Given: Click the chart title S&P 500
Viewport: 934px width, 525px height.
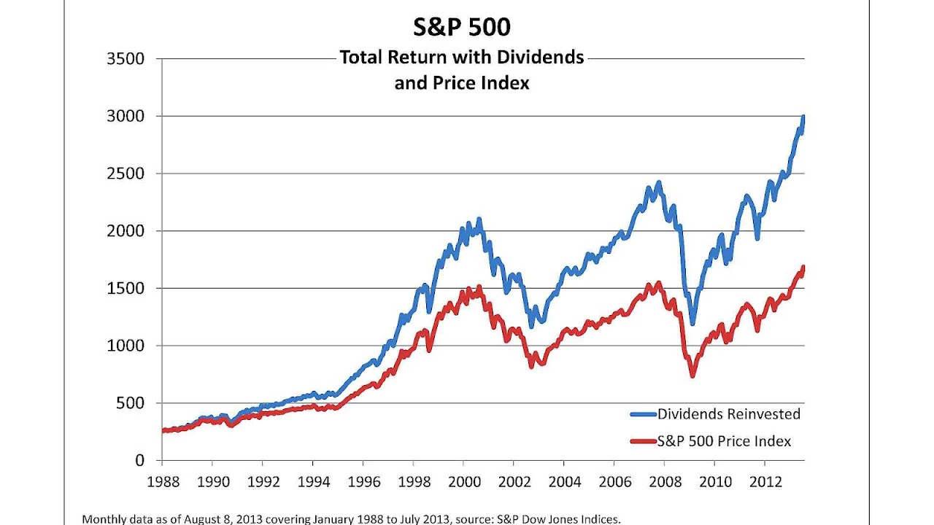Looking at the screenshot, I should pyautogui.click(x=462, y=27).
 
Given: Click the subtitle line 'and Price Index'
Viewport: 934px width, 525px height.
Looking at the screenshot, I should pyautogui.click(x=462, y=83).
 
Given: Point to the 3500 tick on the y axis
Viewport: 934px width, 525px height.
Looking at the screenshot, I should pyautogui.click(x=126, y=58).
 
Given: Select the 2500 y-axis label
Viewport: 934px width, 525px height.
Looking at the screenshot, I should pyautogui.click(x=126, y=174).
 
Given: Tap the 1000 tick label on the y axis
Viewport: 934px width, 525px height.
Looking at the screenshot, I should pyautogui.click(x=126, y=346).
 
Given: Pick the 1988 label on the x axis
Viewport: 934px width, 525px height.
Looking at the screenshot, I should pyautogui.click(x=161, y=483).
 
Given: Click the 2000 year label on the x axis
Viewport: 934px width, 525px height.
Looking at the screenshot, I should pyautogui.click(x=463, y=483).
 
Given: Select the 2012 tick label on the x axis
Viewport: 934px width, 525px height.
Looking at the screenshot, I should pyautogui.click(x=764, y=483).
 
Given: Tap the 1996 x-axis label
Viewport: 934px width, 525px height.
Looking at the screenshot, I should pyautogui.click(x=363, y=483).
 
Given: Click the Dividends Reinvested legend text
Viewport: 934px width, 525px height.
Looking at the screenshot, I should pyautogui.click(x=729, y=414).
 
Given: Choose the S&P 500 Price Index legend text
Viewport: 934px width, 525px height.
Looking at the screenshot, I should pyautogui.click(x=724, y=441).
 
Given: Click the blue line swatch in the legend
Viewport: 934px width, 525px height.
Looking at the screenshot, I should pyautogui.click(x=643, y=414).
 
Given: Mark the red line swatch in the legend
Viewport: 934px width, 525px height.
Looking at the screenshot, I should pyautogui.click(x=643, y=441).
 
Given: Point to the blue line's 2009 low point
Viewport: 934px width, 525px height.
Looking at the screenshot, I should pyautogui.click(x=692, y=322).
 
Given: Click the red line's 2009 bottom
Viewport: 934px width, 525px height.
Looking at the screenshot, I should pyautogui.click(x=692, y=374).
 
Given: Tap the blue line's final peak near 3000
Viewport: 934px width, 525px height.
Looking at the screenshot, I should pyautogui.click(x=803, y=117).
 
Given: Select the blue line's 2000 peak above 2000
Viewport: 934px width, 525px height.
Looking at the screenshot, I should pyautogui.click(x=479, y=219).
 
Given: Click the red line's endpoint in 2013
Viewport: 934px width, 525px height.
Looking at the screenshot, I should pyautogui.click(x=803, y=268).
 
